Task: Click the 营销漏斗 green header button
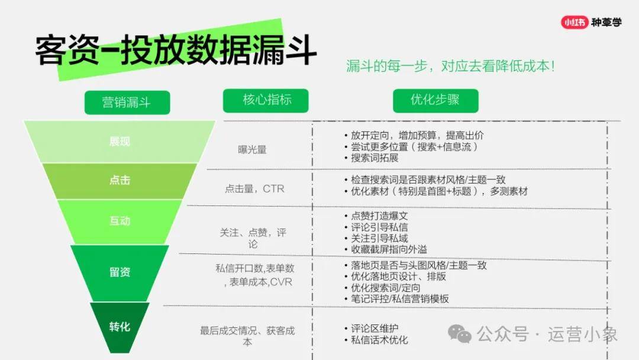click(x=127, y=102)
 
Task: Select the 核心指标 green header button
click(x=266, y=100)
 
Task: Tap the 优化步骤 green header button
click(x=435, y=100)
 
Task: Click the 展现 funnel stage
click(x=120, y=142)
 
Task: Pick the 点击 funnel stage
click(x=120, y=181)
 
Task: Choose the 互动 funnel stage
click(x=120, y=221)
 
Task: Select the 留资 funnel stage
click(x=120, y=272)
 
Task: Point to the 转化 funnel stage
click(x=120, y=327)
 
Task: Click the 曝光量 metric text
click(x=252, y=150)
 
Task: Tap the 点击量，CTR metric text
click(x=254, y=189)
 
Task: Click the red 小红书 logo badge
click(x=575, y=22)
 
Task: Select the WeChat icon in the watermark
click(x=460, y=334)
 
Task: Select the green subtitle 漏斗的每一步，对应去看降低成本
click(x=450, y=66)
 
